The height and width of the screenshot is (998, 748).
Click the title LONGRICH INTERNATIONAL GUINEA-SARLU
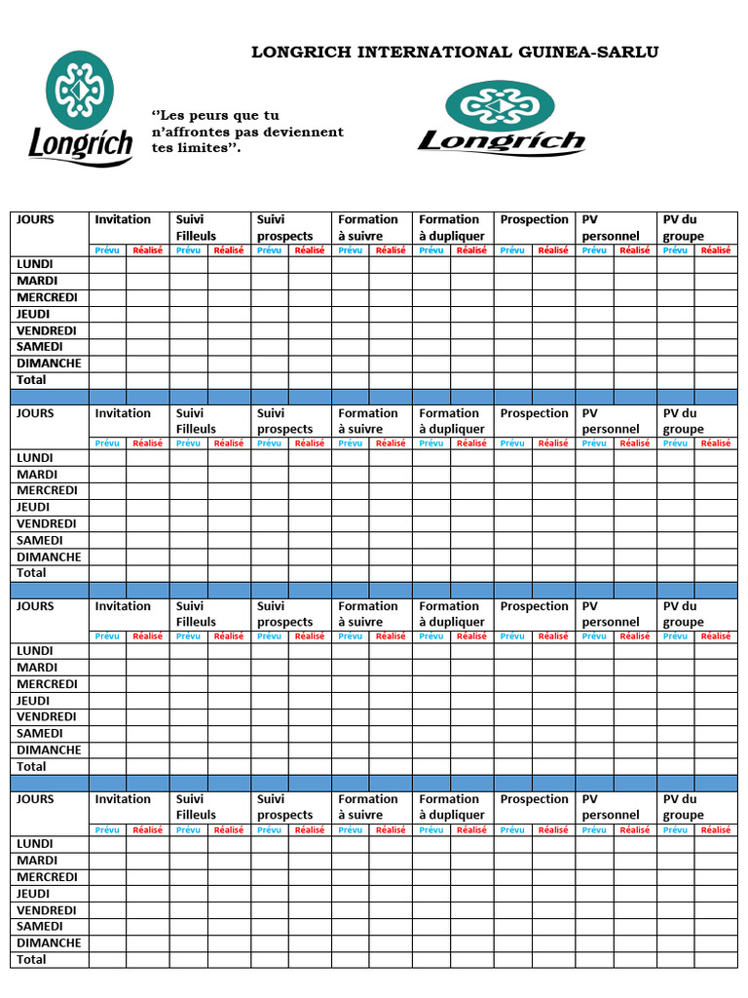(455, 53)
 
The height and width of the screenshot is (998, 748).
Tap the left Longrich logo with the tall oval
(81, 107)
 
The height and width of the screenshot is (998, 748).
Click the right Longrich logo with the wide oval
(501, 118)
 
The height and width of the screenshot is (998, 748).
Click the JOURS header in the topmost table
(35, 220)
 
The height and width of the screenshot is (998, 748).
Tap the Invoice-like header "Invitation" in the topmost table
(123, 220)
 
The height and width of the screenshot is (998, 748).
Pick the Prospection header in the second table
(534, 413)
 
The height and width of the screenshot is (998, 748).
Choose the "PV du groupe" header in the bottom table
(683, 807)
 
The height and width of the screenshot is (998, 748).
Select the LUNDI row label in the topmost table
(35, 264)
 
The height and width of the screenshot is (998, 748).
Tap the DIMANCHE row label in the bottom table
(49, 943)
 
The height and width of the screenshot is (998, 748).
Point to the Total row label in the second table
(31, 573)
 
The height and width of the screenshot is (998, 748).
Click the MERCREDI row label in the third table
(47, 684)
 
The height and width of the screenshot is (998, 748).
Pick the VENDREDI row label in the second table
(46, 523)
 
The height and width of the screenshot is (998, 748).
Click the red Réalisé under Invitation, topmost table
(148, 250)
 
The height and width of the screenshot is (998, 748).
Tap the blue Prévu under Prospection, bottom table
(512, 830)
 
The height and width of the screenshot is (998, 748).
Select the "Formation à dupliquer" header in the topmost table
(451, 228)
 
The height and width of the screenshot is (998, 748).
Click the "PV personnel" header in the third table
(611, 614)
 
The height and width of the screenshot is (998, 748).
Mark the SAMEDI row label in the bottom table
(40, 927)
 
